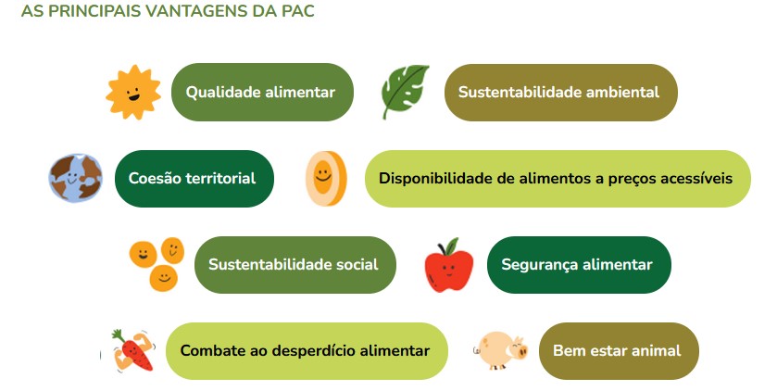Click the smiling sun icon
(x=133, y=93)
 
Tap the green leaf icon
(x=405, y=92)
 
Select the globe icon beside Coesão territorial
(x=75, y=178)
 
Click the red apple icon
(x=448, y=265)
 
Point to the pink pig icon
(x=501, y=351)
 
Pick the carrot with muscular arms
(x=131, y=352)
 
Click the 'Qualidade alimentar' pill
(x=262, y=93)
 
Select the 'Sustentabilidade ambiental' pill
(x=560, y=93)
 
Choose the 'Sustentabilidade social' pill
(x=295, y=265)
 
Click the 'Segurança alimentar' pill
(x=578, y=265)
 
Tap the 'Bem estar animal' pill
(x=618, y=351)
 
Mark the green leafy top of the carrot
(x=118, y=334)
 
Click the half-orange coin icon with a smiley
(x=325, y=178)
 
